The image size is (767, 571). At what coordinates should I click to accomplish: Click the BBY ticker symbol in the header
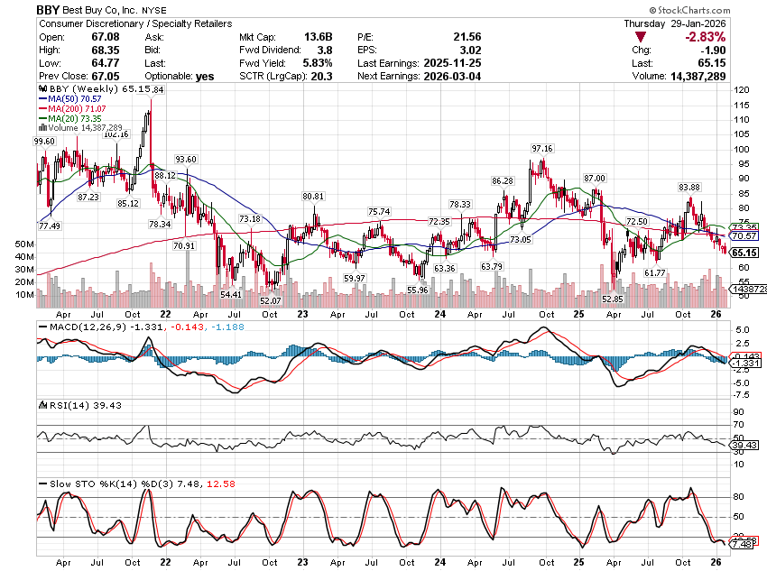coord(48,9)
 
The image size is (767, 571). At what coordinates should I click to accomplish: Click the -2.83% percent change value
coord(707,37)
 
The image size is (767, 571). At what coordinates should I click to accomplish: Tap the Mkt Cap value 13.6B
coord(318,37)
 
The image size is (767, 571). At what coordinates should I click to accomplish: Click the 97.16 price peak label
coord(542,148)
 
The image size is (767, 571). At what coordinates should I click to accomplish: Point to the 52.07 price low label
coord(270,300)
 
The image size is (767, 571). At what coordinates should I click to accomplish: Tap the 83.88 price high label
coord(689,187)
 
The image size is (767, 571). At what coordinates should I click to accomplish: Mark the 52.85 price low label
coord(613,299)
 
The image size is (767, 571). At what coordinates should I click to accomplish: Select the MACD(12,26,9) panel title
coord(87,326)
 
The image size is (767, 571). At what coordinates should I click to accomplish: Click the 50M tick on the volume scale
coord(24,244)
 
